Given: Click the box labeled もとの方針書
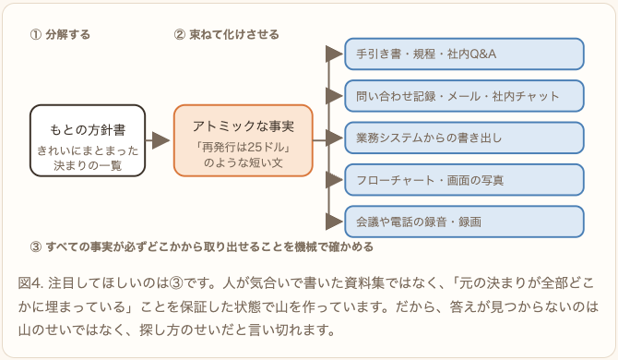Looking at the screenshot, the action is [x=88, y=140].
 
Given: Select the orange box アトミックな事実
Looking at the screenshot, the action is [x=244, y=140].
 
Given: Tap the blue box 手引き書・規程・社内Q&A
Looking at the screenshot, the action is [x=464, y=54].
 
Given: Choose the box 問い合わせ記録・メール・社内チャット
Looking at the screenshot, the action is [x=464, y=96].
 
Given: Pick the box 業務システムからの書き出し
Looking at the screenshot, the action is [x=464, y=138].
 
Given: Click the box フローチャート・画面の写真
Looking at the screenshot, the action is [x=464, y=180].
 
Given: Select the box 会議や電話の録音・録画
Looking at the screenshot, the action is [x=464, y=222].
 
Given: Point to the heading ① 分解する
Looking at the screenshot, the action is [x=60, y=35].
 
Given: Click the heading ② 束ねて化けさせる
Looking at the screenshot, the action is [x=226, y=35].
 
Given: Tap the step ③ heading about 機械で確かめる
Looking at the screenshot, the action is [x=201, y=246].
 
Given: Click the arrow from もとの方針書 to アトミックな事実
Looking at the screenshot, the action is [x=158, y=140].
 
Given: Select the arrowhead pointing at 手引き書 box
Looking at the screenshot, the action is [x=334, y=54].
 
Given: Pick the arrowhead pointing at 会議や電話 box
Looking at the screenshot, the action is [x=334, y=222].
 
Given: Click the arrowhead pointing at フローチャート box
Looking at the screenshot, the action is [x=334, y=180].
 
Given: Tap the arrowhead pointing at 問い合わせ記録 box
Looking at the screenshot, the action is [x=334, y=96].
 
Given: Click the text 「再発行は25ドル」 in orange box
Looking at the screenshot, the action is [x=244, y=147].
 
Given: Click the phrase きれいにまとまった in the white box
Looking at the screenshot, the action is [x=88, y=150].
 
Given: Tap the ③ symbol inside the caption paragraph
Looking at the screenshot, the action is [x=177, y=283].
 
